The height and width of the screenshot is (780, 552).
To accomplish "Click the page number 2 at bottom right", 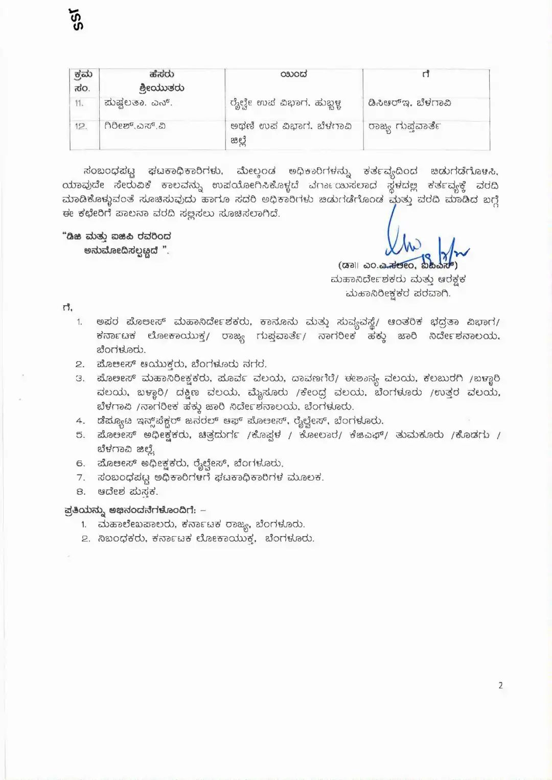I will point(501,685).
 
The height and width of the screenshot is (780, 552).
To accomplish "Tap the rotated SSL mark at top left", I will point(79,19).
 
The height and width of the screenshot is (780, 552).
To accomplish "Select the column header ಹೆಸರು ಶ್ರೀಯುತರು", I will point(162,81).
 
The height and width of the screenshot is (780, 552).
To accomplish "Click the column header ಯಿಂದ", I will point(294,75).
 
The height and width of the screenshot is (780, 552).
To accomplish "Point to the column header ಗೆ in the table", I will point(426,75).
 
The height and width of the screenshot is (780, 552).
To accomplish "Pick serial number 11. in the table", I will point(79,103).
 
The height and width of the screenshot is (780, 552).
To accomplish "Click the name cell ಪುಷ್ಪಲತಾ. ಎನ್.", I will point(139,103).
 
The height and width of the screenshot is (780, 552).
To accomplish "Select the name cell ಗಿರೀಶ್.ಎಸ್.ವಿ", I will point(135,126).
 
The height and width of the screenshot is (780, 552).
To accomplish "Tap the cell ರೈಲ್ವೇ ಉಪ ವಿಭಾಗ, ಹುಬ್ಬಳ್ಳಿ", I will point(286,104).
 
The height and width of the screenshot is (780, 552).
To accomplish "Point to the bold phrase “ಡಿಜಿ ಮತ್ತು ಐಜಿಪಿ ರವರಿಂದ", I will point(117,237).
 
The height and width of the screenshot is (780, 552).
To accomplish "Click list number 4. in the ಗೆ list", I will point(80,421).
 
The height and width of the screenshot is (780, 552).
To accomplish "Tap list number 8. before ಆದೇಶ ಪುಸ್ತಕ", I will point(81,492).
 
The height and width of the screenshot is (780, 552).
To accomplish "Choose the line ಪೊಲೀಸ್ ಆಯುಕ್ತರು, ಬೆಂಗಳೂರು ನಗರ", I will point(181,364).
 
